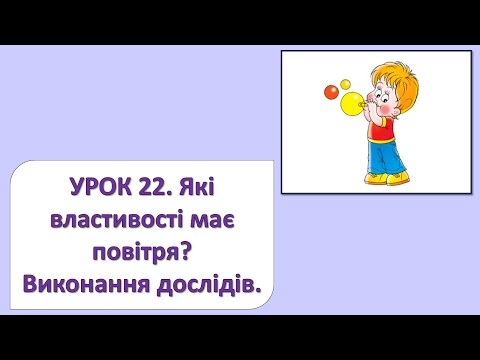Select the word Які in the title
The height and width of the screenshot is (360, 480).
click(225, 185)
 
